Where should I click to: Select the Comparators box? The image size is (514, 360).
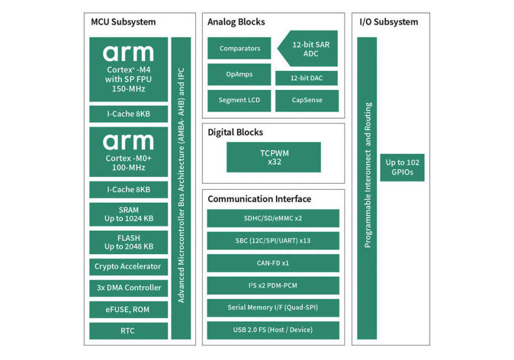(x=239, y=48)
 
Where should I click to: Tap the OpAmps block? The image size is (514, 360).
(x=239, y=75)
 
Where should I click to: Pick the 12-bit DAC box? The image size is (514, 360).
(x=307, y=78)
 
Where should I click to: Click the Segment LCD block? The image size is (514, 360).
(x=239, y=100)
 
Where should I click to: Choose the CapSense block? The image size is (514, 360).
(x=307, y=100)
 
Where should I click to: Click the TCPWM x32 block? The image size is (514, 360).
(x=274, y=157)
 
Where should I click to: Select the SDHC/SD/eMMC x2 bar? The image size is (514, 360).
(x=273, y=219)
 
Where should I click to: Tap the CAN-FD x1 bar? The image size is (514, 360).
(x=273, y=263)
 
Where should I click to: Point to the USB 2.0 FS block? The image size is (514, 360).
(x=273, y=330)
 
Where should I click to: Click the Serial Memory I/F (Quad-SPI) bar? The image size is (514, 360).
(x=273, y=308)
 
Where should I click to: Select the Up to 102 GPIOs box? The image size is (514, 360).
(x=402, y=168)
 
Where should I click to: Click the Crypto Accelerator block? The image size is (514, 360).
(x=128, y=267)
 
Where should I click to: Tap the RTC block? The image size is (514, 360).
(x=128, y=331)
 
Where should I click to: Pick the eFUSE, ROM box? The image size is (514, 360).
(x=128, y=310)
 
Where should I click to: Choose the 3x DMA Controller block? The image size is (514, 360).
(x=128, y=288)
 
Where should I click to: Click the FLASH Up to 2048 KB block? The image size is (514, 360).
(x=128, y=242)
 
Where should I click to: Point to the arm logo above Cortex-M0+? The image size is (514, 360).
(x=128, y=141)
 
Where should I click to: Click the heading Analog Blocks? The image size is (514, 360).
(x=236, y=22)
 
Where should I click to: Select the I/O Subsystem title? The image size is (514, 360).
(x=389, y=22)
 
